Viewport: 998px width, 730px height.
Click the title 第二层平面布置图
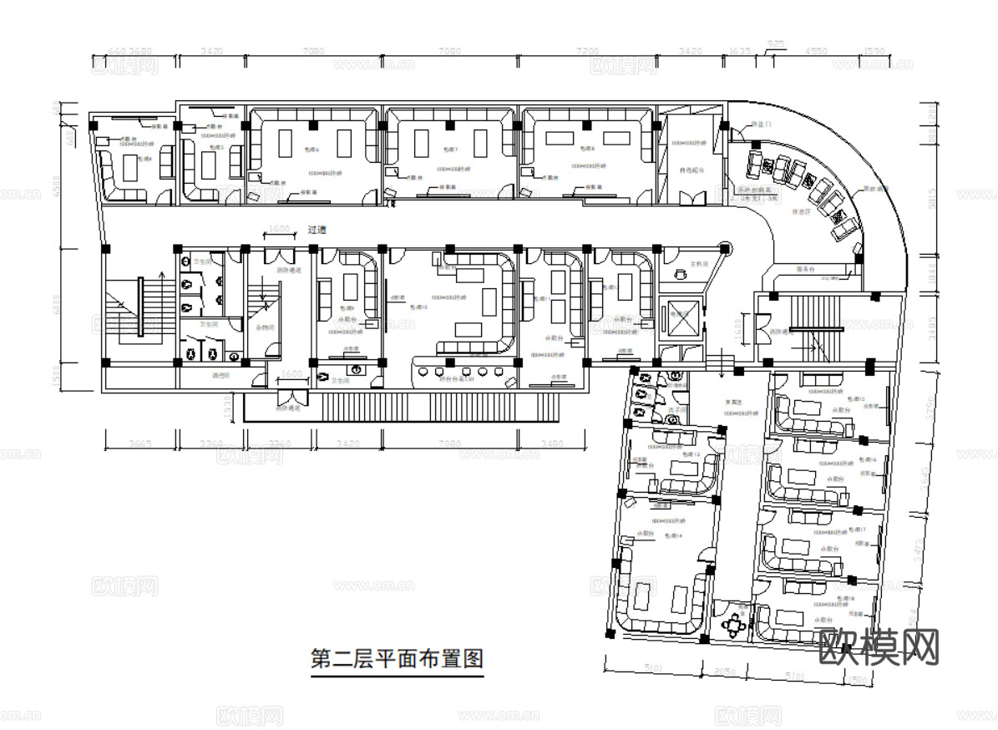tap(397, 658)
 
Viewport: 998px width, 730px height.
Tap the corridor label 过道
tap(317, 230)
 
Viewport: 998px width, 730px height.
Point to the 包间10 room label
tap(419, 307)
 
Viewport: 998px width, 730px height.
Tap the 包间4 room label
tap(144, 158)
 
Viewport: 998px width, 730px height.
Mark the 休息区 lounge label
tap(802, 211)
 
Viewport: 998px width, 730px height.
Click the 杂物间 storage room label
tap(264, 327)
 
